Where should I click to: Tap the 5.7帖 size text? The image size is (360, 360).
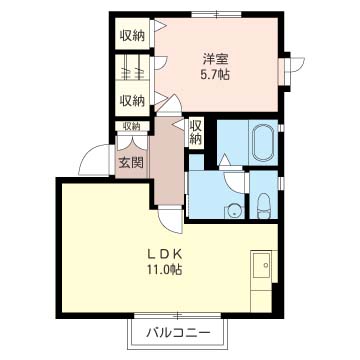click(214, 75)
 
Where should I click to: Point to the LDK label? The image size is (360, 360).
click(165, 255)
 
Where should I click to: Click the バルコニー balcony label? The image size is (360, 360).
click(178, 332)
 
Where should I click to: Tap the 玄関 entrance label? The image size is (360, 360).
click(131, 163)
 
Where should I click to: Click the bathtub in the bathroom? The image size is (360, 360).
click(265, 142)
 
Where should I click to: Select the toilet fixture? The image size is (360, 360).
click(264, 207)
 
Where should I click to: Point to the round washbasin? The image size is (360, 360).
click(235, 211)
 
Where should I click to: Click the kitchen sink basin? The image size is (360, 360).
click(261, 265)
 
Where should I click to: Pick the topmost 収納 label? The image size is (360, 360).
click(132, 36)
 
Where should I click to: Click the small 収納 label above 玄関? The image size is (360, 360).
click(131, 126)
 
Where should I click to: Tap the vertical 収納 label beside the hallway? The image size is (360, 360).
click(196, 132)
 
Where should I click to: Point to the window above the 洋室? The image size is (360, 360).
click(216, 14)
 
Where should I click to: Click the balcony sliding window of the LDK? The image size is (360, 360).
click(178, 315)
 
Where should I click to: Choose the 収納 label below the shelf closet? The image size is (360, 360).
click(132, 100)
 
